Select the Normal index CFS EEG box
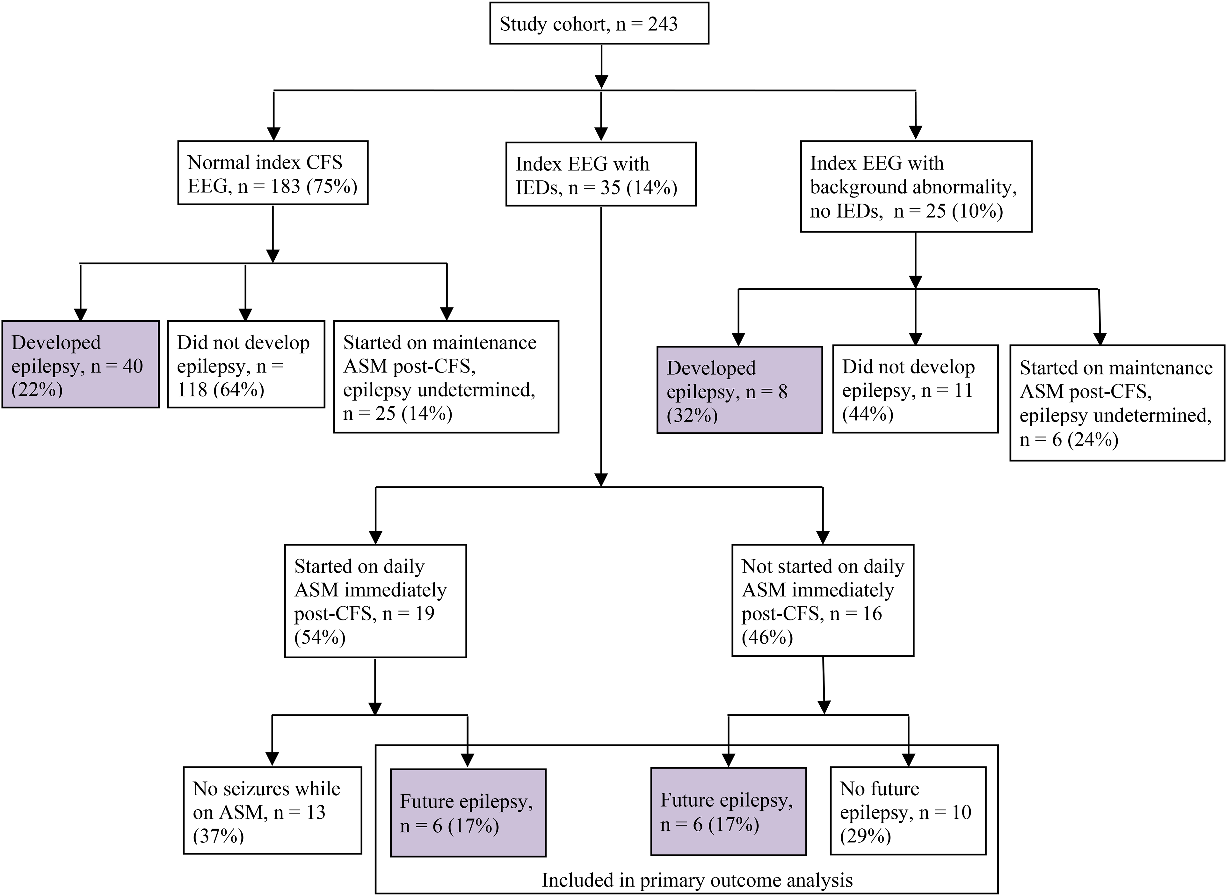pyautogui.click(x=273, y=172)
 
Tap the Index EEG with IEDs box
pyautogui.click(x=600, y=174)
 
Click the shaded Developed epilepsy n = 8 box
pyautogui.click(x=739, y=389)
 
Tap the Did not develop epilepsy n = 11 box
pyautogui.click(x=915, y=389)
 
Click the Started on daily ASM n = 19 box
pyautogui.click(x=375, y=601)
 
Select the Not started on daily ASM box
pyautogui.click(x=823, y=600)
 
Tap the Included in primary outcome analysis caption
pyautogui.click(x=697, y=880)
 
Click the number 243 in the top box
pyautogui.click(x=663, y=24)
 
